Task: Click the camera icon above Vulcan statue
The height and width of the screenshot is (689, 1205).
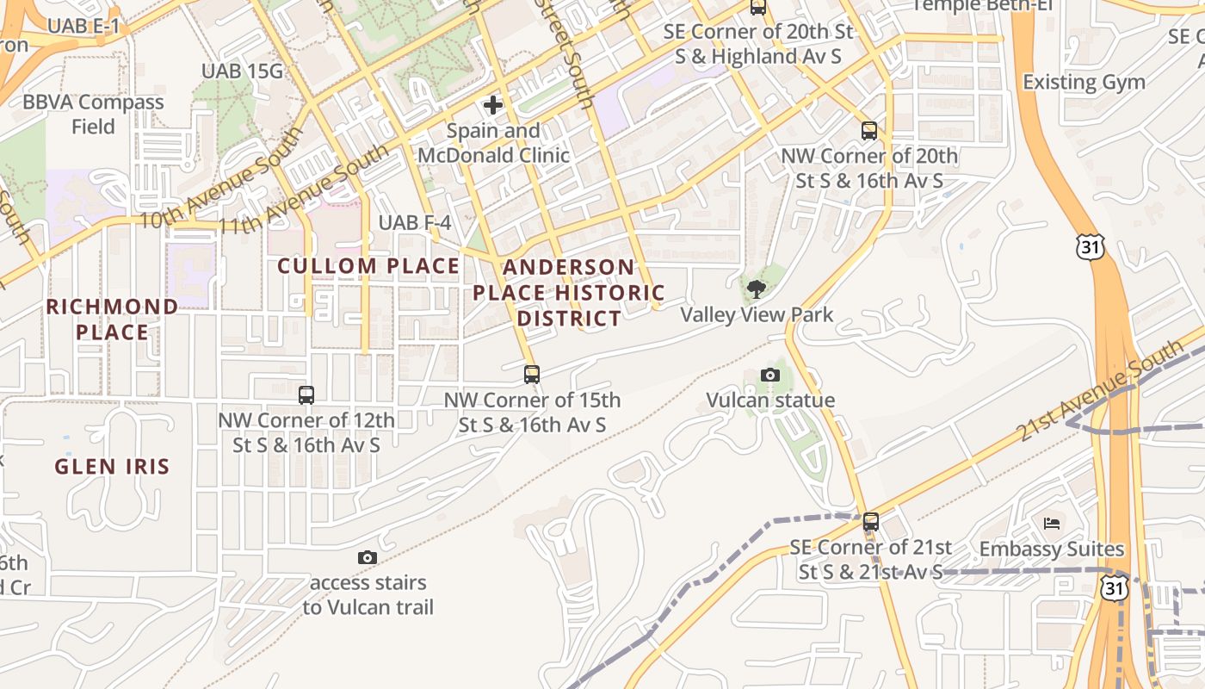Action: (770, 376)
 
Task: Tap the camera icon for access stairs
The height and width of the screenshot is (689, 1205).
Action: (368, 558)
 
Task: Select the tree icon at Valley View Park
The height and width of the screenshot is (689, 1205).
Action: (757, 289)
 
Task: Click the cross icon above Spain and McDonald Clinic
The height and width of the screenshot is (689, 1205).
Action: (493, 105)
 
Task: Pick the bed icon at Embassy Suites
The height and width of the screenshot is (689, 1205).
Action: (1052, 523)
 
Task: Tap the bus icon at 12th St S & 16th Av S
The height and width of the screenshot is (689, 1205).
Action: (306, 395)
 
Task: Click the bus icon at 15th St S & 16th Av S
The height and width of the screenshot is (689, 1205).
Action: (532, 375)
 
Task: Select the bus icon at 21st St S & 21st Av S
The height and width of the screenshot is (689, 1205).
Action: (871, 522)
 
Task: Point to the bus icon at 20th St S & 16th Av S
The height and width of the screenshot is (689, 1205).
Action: (869, 131)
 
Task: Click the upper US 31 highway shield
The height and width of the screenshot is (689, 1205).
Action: (1089, 247)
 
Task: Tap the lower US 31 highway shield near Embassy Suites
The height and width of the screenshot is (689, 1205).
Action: (1115, 587)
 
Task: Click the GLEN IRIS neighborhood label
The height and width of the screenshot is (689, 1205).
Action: (112, 467)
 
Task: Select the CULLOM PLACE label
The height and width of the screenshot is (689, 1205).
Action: (368, 266)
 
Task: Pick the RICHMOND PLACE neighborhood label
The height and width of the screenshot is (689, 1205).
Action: (112, 319)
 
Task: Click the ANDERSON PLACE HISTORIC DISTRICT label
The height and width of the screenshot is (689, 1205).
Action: (568, 293)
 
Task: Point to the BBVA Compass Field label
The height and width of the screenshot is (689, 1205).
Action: (93, 114)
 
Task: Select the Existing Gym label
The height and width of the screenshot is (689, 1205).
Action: (1084, 83)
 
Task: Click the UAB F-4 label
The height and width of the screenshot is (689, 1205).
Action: (415, 223)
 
